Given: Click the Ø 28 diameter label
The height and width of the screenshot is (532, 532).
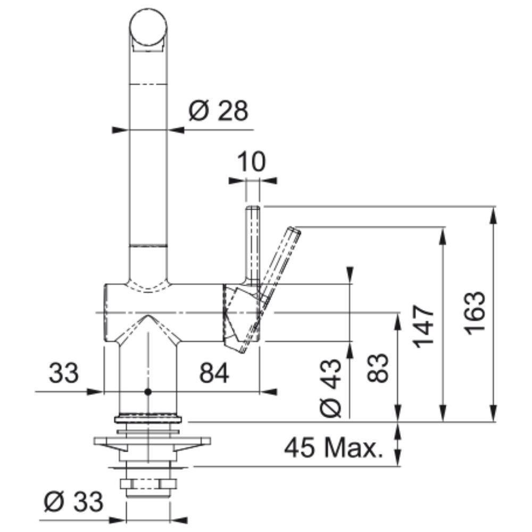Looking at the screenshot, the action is point(219,111).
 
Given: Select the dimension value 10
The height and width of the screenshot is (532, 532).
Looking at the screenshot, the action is point(252,162).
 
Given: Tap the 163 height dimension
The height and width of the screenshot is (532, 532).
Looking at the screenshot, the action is point(475,313).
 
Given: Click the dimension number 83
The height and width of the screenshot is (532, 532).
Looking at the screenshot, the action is point(378,368).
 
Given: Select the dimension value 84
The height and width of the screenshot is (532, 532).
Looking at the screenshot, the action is point(214,372).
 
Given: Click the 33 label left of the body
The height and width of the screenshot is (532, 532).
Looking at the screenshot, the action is point(64,372).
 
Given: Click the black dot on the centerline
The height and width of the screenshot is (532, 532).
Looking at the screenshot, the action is point(147,392).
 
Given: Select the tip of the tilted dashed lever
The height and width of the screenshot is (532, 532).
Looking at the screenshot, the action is point(295,230).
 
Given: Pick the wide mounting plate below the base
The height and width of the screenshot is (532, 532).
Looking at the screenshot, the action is point(152,441).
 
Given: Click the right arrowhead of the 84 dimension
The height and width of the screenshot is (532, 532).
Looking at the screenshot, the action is point(268,392).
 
